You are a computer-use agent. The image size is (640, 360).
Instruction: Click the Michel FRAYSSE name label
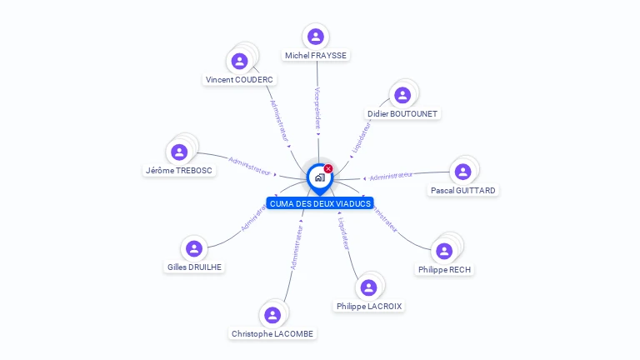coord(316,55)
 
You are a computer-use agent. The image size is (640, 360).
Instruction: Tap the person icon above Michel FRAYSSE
coord(316,37)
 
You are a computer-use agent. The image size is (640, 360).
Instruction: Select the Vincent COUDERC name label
coord(240,80)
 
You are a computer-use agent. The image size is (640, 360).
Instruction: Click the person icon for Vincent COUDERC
coord(240,62)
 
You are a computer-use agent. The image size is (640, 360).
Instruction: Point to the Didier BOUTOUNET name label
coord(402,113)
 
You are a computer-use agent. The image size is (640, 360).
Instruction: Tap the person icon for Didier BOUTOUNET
coord(402,95)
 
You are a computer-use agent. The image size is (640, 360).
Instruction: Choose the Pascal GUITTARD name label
coord(463,190)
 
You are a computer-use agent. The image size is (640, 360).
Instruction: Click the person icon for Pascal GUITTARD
coord(463,172)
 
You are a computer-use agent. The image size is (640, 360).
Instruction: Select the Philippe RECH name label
coord(445,269)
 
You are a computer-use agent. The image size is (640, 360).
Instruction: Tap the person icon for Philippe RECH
coord(444,251)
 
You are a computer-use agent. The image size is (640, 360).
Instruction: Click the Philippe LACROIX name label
coord(369,306)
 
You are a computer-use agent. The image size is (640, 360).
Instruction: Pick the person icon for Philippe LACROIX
coord(368,287)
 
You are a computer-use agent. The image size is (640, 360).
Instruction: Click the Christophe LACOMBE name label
coord(272,333)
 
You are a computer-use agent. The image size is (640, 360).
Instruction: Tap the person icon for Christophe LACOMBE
coord(272,315)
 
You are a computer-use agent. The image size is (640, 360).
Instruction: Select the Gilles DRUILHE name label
coord(195,267)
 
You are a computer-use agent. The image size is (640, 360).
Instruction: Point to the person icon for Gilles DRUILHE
coord(194,248)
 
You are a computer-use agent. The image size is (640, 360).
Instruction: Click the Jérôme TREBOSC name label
coord(179,170)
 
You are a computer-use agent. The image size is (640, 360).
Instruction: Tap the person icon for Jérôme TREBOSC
coord(179,152)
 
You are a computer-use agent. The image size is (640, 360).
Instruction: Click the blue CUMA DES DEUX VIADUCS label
coord(320,203)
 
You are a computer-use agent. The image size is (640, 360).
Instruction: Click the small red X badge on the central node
coord(328,169)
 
